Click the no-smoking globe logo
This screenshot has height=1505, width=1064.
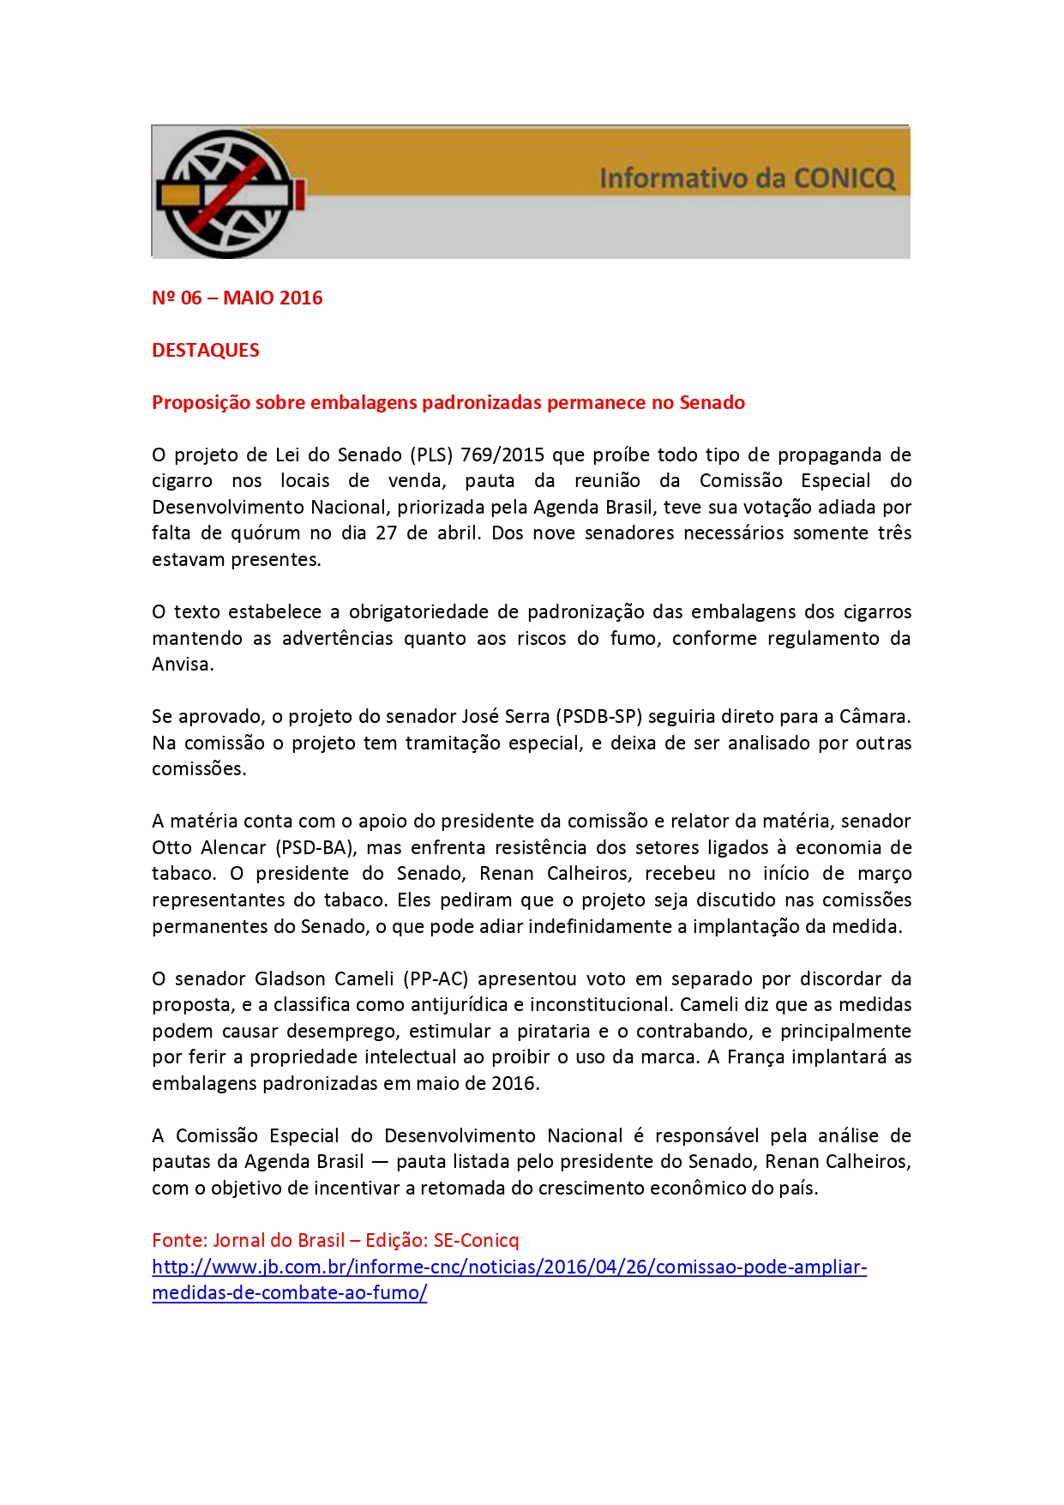(228, 193)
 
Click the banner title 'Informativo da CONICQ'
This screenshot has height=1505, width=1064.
(747, 178)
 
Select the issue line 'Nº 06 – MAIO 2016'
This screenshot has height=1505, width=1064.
(237, 298)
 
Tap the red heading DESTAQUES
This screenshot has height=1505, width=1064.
(206, 351)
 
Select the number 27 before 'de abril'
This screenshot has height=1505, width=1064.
(387, 533)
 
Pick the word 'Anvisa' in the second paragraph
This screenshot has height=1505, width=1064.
(181, 665)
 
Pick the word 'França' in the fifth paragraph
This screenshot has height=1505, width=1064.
(755, 1057)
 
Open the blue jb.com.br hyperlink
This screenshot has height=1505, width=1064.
(509, 1267)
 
